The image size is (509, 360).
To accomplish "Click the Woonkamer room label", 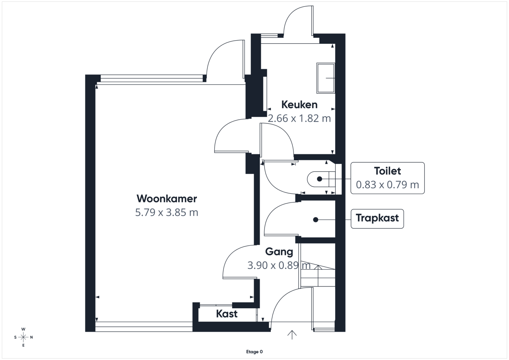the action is tap(167, 198).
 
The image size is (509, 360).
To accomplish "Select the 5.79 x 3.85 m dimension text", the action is tap(167, 212).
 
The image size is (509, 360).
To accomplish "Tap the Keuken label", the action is tap(299, 105).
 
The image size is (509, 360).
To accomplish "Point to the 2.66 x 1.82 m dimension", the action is tap(299, 119).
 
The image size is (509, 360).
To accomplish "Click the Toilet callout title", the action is tap(387, 171).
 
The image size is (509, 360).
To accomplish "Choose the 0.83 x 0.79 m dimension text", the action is tap(387, 185).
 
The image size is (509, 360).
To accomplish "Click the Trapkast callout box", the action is tap(377, 219).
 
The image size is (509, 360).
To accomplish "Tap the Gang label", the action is tap(279, 252).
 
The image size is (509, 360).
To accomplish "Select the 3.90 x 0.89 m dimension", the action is tap(279, 265).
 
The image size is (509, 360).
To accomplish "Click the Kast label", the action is tap(227, 314).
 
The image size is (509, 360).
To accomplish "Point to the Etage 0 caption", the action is tap(254, 352).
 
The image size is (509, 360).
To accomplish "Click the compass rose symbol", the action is tap(23, 337).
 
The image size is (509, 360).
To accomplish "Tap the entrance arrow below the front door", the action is tap(292, 335).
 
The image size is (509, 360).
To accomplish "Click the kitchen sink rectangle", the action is tap(326, 78).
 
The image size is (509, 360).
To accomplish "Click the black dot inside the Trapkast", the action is tap(315, 220).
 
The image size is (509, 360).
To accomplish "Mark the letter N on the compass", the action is tap(31, 337).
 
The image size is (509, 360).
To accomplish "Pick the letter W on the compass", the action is tap(23, 329).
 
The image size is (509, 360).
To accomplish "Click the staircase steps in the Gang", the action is tap(318, 274).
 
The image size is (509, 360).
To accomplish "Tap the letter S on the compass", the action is tap(15, 337).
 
